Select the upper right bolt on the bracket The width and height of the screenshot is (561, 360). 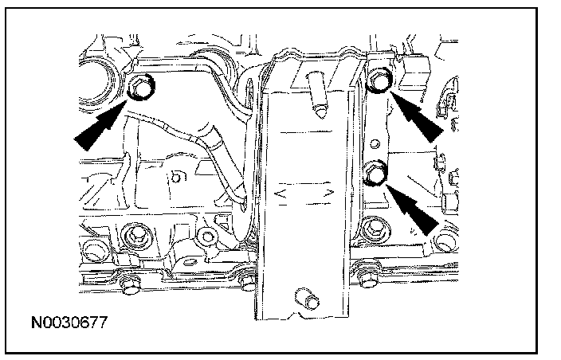coord(381,81)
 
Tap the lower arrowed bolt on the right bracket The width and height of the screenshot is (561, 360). coord(375,174)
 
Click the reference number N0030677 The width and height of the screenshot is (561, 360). coord(69,323)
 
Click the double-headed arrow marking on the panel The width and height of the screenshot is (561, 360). coord(302,193)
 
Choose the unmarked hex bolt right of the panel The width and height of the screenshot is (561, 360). coord(373,231)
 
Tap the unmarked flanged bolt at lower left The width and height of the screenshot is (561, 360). coord(133,236)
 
